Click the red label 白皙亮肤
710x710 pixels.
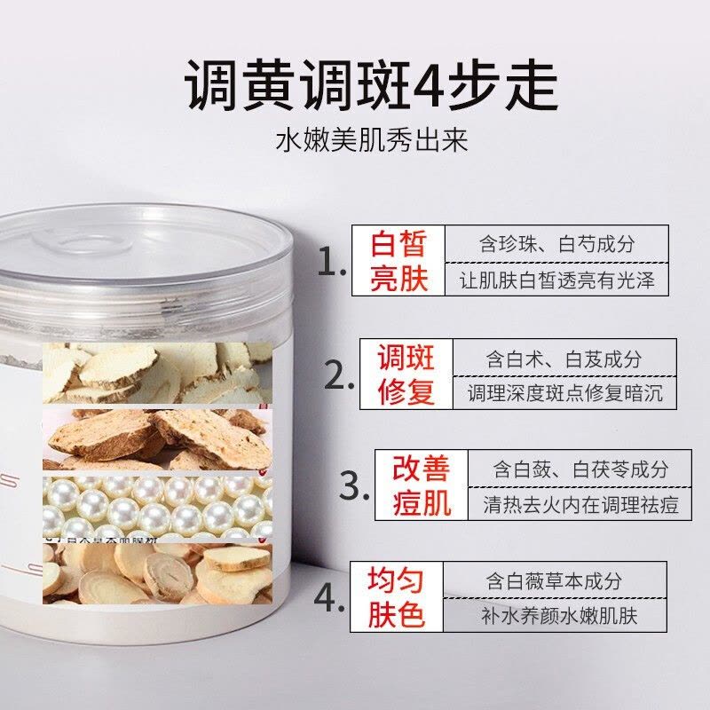398,261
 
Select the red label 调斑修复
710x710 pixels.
406,374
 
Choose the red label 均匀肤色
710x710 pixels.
397,597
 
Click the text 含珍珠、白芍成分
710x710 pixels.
559,245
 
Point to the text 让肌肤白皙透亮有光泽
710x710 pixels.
559,280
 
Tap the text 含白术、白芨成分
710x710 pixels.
564,359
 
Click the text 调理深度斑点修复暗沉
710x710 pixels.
564,393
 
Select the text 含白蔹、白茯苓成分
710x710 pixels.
581,469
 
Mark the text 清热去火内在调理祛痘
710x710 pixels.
581,504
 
